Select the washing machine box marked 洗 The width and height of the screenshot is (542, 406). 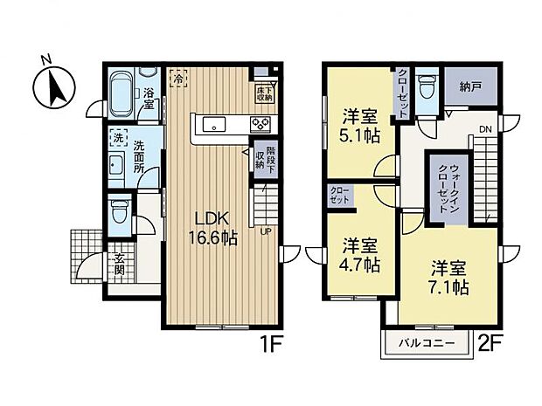[117, 138]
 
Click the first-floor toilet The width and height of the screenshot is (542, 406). [120, 209]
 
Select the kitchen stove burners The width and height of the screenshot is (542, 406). [261, 123]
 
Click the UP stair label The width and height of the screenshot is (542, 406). [264, 231]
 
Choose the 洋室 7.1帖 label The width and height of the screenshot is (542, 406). [448, 277]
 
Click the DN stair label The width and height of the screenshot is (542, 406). [484, 132]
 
